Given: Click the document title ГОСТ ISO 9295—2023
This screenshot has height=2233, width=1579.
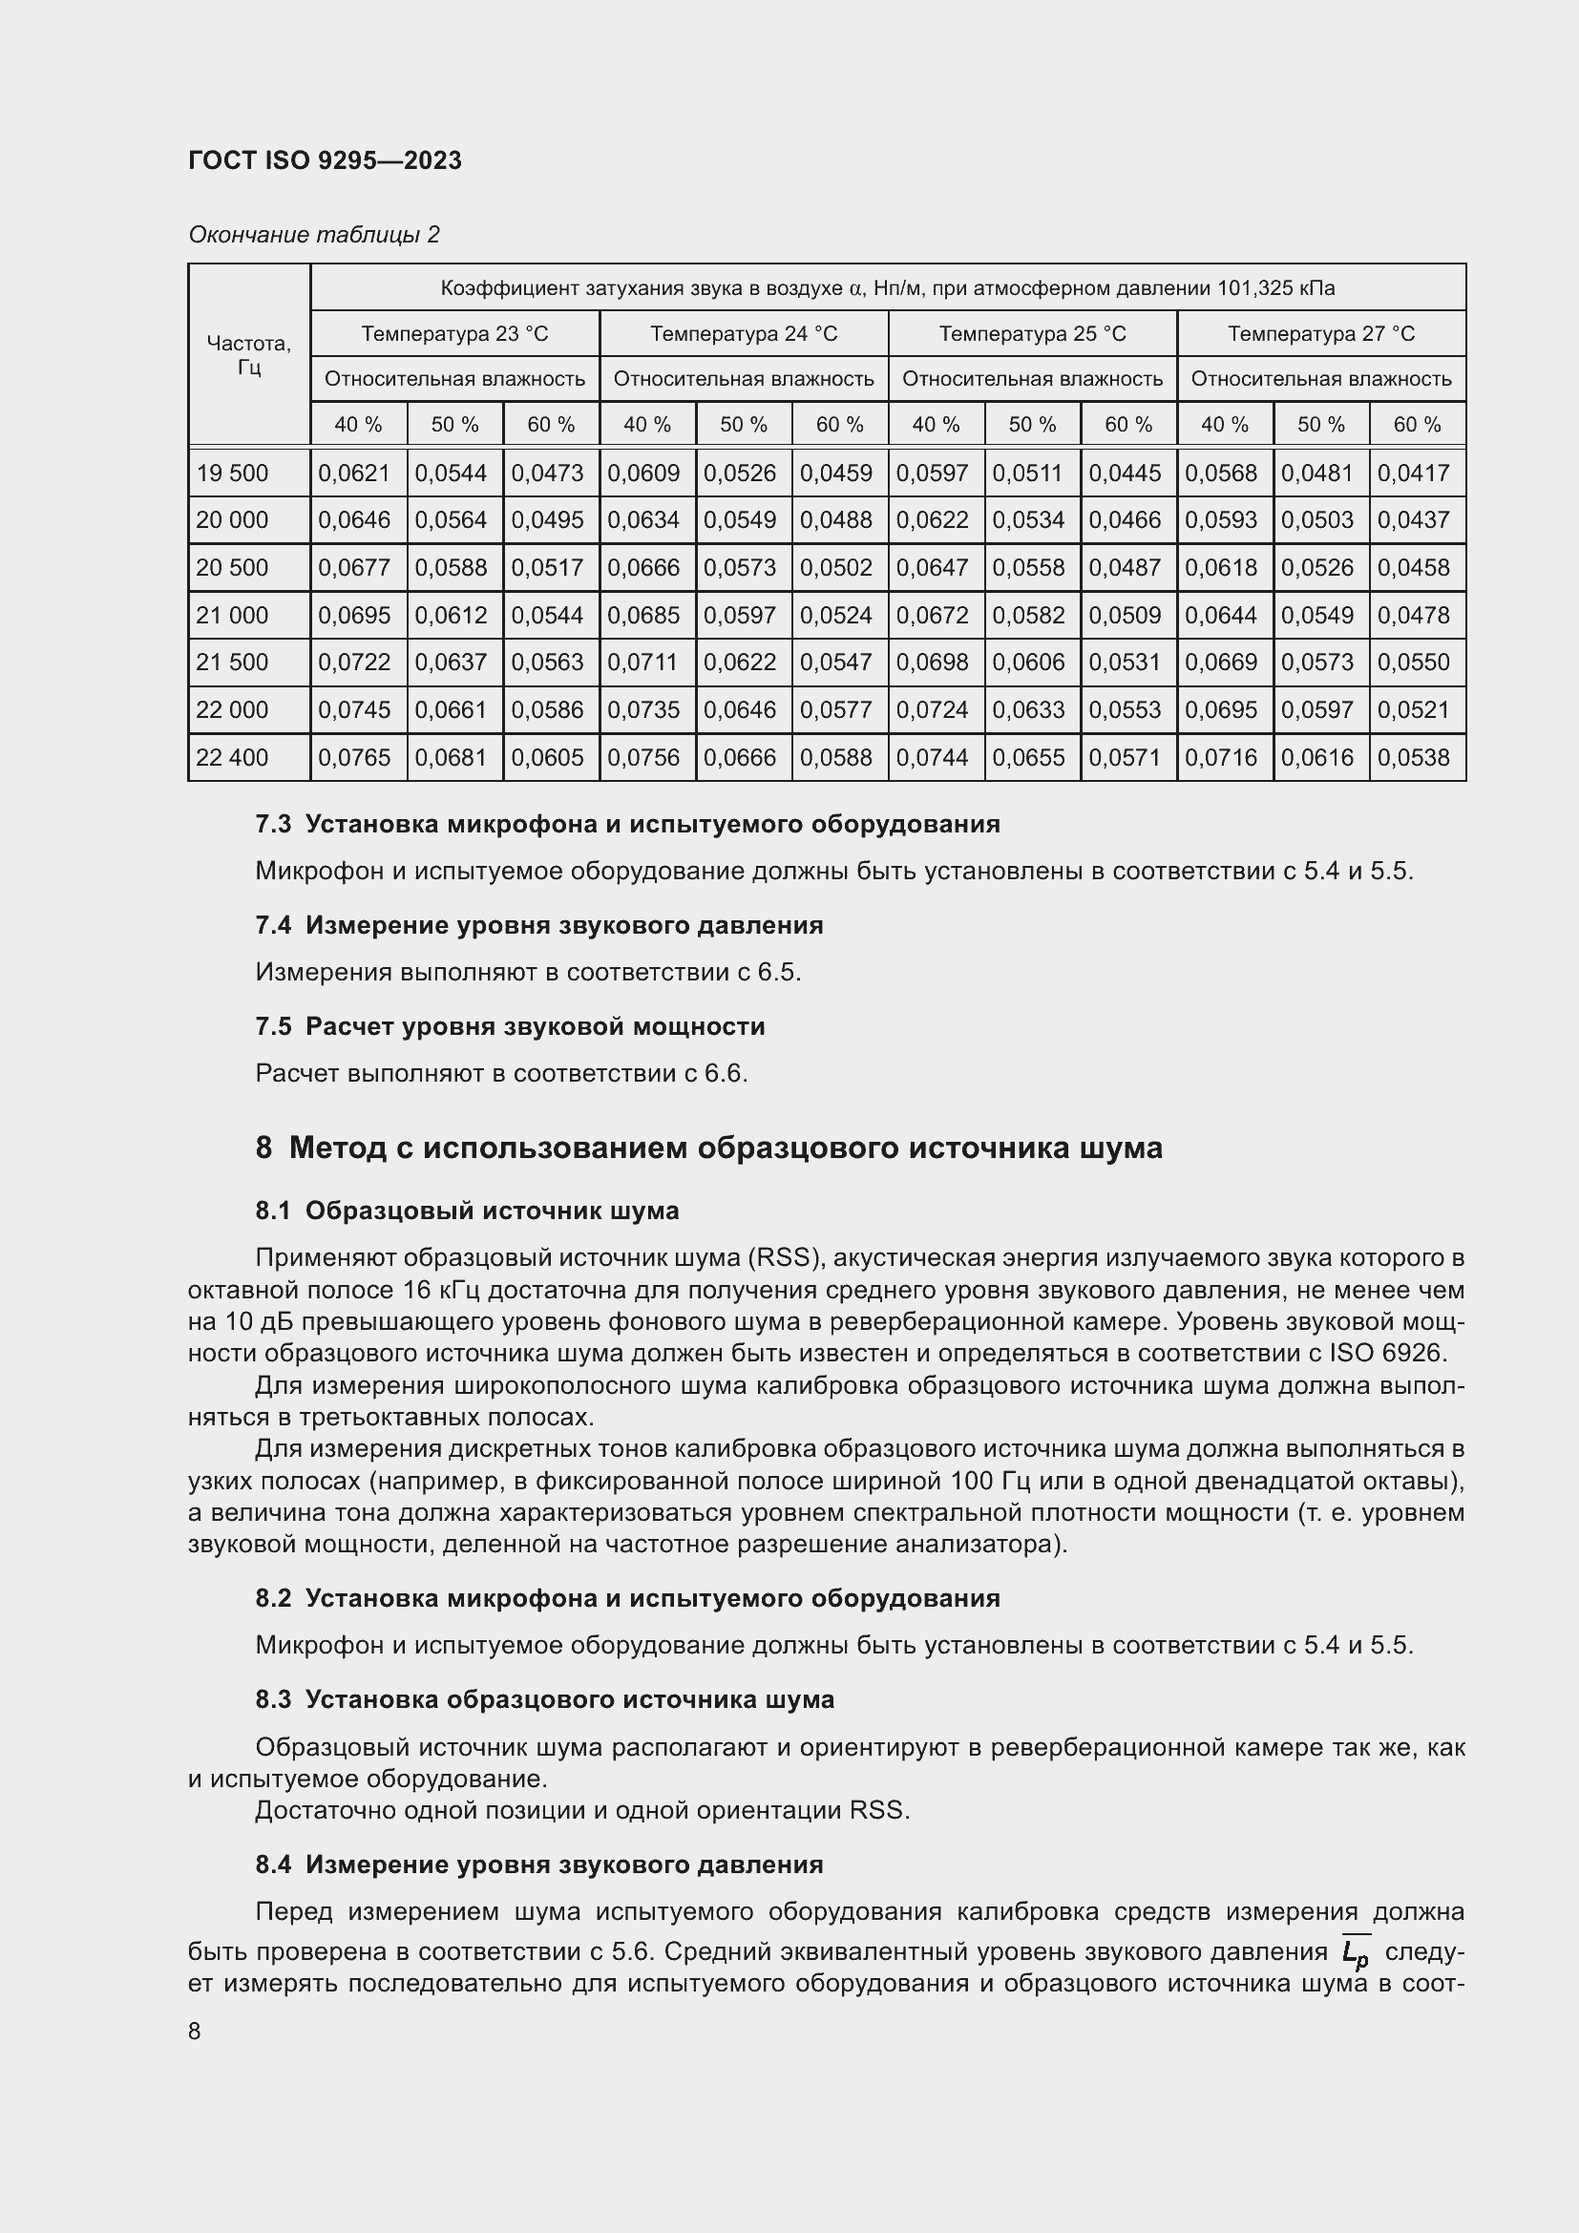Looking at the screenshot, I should click(325, 160).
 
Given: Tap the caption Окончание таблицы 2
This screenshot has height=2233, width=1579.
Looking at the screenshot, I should click(313, 235).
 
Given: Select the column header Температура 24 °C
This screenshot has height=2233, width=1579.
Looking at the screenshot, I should click(743, 333).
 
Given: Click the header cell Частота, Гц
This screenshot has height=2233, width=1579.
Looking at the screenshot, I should click(249, 355).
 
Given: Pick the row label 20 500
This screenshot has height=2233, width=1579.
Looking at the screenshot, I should click(232, 567).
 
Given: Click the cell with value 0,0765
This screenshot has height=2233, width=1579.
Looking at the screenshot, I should click(355, 758).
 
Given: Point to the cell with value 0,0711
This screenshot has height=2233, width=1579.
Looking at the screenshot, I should click(643, 663).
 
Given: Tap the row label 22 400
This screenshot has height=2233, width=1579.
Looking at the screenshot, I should click(232, 758).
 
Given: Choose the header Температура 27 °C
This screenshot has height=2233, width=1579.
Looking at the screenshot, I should click(1320, 333).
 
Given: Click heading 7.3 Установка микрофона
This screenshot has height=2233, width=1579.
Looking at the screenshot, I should click(627, 824).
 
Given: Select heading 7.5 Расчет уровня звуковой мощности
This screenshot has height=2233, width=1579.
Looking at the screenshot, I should click(510, 1026).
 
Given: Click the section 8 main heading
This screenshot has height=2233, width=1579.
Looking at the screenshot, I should click(708, 1148).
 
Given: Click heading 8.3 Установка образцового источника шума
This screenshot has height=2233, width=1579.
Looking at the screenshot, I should click(544, 1699).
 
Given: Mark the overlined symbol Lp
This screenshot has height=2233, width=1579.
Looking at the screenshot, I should click(1355, 1950).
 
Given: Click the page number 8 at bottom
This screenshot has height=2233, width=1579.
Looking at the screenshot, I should click(195, 2032).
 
